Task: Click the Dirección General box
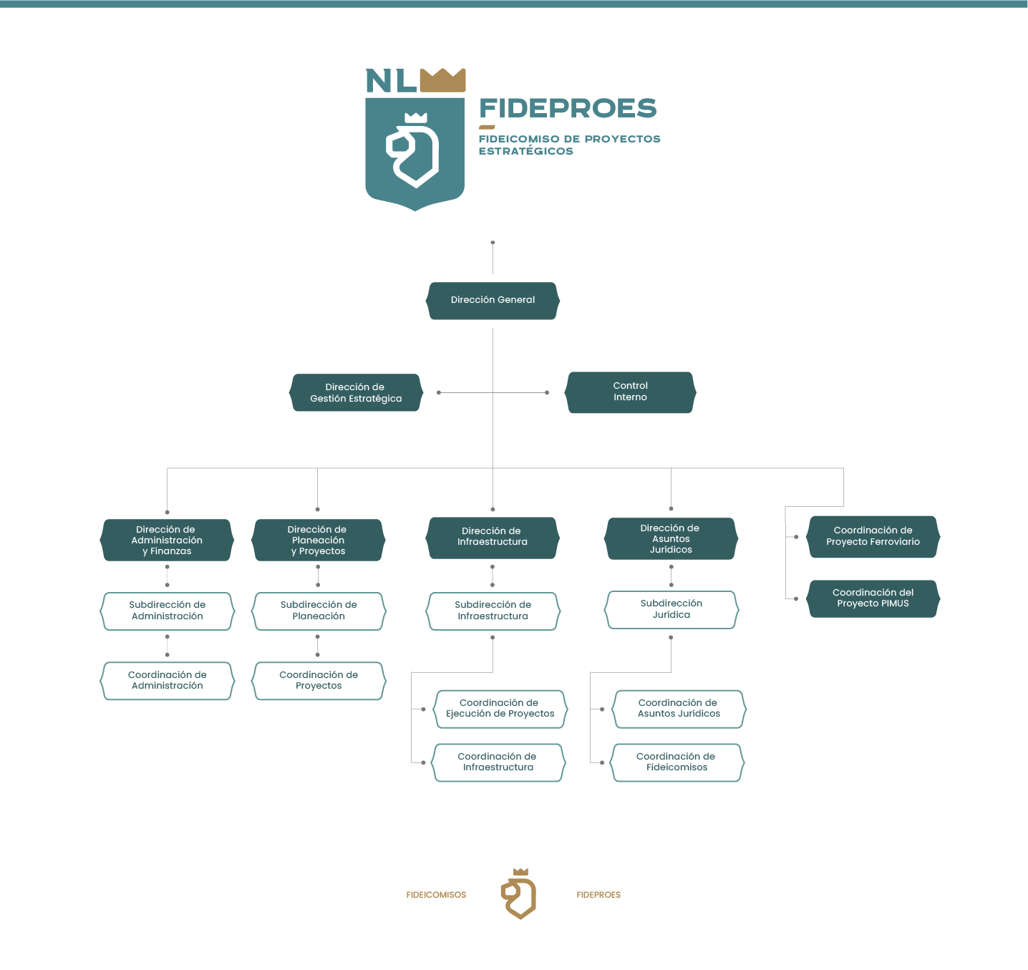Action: point(493,301)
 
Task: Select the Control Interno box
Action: point(630,392)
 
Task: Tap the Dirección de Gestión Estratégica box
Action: point(356,393)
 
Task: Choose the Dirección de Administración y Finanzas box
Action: point(167,540)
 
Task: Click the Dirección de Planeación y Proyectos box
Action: point(318,540)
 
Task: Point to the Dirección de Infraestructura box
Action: point(493,538)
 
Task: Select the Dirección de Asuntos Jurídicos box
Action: point(671,539)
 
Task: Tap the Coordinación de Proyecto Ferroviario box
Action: point(873,537)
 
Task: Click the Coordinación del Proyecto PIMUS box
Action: point(873,598)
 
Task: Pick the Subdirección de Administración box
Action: point(167,611)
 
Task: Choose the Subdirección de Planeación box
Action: point(319,611)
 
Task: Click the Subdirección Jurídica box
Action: point(671,610)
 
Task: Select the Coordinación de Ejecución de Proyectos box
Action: point(500,709)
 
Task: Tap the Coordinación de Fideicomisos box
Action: point(677,762)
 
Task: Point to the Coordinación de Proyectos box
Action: point(319,681)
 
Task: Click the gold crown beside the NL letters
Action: point(442,80)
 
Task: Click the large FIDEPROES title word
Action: point(568,109)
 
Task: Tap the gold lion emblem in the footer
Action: point(519,894)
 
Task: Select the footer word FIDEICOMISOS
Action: point(436,895)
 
